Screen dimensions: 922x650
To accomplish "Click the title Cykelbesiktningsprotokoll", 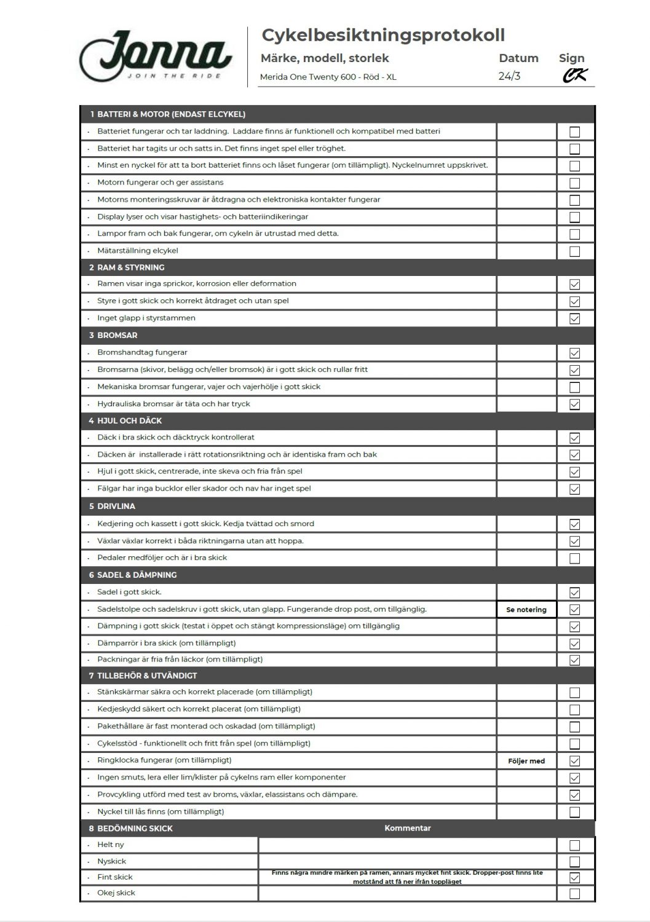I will tap(383, 36).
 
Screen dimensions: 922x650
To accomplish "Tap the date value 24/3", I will tap(509, 77).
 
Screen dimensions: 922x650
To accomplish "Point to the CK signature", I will tap(575, 76).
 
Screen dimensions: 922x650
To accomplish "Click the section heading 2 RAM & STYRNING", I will tap(127, 267).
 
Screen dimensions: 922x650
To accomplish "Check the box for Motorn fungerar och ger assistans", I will tap(574, 183).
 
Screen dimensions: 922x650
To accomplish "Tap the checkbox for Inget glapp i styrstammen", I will tap(574, 318).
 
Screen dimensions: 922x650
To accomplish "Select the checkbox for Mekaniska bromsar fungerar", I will tap(574, 387).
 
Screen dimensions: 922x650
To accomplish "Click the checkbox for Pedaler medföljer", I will tap(574, 558).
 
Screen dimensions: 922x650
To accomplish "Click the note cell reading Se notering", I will tap(526, 610).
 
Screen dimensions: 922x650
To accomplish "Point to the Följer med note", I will tap(526, 761).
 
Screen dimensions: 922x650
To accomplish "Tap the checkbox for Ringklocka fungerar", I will tap(574, 761).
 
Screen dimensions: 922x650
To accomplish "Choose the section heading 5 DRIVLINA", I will tap(112, 506).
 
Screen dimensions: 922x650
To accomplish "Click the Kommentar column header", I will tap(408, 829).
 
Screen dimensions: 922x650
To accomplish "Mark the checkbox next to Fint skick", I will tap(574, 878).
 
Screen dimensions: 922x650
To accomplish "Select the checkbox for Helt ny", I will tap(574, 845).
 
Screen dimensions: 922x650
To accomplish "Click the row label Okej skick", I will tap(116, 893).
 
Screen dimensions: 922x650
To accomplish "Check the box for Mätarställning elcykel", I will tap(574, 251).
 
